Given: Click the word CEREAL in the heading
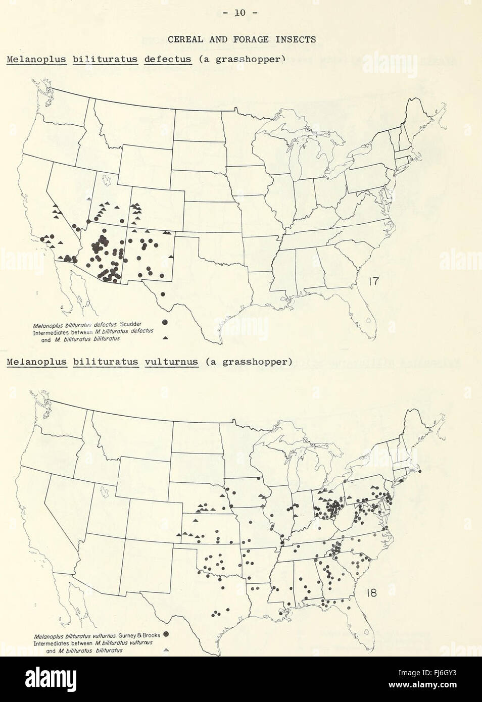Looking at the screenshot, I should (184, 39).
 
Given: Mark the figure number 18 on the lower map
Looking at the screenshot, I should (371, 592).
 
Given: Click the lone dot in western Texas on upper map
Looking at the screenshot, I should (162, 294).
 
